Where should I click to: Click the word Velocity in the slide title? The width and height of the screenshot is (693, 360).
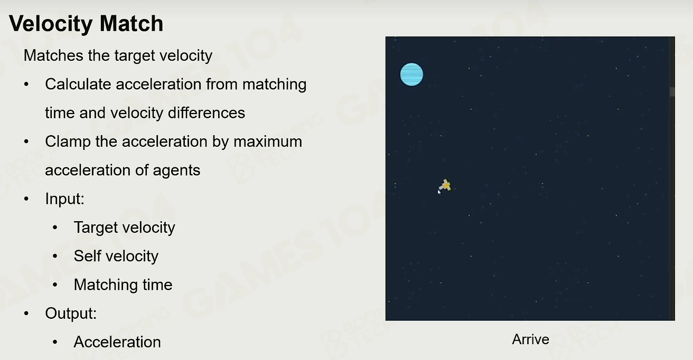(x=51, y=24)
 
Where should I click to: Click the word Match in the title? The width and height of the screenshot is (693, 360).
(x=132, y=24)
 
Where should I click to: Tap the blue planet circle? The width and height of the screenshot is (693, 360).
(x=411, y=74)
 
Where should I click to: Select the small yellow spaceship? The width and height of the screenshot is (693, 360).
(x=445, y=185)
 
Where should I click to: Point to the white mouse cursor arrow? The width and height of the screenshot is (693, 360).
(x=439, y=192)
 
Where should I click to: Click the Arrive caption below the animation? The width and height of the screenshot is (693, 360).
(x=530, y=339)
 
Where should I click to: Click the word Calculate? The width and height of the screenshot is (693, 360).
(x=78, y=84)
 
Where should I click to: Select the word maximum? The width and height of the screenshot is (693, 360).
(x=268, y=141)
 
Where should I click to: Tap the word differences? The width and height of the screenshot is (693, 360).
(x=207, y=112)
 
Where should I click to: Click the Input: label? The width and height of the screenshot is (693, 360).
(x=64, y=198)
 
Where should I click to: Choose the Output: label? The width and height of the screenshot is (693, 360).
(x=71, y=314)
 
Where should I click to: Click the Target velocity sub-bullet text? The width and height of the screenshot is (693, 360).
(x=124, y=228)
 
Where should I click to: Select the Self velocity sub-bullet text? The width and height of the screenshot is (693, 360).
(x=116, y=256)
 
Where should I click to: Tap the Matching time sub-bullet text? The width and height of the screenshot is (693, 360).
(x=123, y=285)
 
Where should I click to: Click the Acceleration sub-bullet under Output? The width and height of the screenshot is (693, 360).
(x=117, y=342)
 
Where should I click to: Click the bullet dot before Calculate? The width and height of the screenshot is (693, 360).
(x=26, y=84)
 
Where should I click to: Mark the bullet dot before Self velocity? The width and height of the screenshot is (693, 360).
(x=55, y=256)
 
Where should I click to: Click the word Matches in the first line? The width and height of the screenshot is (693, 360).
(x=53, y=55)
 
